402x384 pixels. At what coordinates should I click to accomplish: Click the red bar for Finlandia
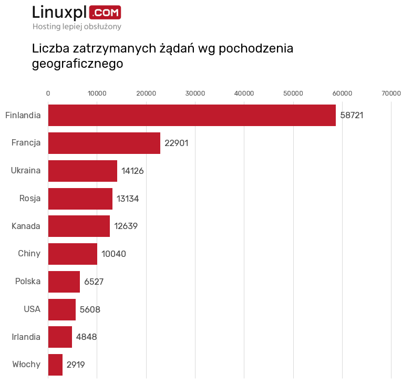(x=192, y=115)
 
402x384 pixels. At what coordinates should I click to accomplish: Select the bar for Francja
(x=104, y=143)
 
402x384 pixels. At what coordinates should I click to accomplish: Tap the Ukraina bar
(x=83, y=171)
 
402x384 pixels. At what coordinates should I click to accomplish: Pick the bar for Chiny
(x=73, y=254)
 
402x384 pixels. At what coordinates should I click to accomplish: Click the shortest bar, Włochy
(x=55, y=365)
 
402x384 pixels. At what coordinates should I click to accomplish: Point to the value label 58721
(x=352, y=115)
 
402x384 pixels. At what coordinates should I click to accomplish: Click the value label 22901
(x=176, y=143)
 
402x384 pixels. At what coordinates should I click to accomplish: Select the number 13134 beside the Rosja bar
(x=128, y=199)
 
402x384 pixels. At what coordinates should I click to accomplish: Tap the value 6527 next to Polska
(x=94, y=282)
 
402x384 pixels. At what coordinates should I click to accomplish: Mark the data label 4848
(x=86, y=337)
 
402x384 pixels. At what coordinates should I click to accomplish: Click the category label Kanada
(x=26, y=226)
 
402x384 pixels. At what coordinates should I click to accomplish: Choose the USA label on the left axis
(x=32, y=309)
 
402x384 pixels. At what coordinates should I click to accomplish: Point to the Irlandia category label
(x=26, y=337)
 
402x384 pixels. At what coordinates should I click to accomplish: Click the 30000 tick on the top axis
(x=195, y=93)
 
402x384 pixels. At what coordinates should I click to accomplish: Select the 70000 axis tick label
(x=391, y=93)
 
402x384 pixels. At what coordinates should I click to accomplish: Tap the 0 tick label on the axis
(x=48, y=93)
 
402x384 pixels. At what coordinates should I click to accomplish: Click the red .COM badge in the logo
(x=105, y=12)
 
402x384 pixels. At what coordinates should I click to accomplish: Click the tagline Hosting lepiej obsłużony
(x=77, y=26)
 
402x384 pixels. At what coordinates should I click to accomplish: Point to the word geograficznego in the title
(x=77, y=64)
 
